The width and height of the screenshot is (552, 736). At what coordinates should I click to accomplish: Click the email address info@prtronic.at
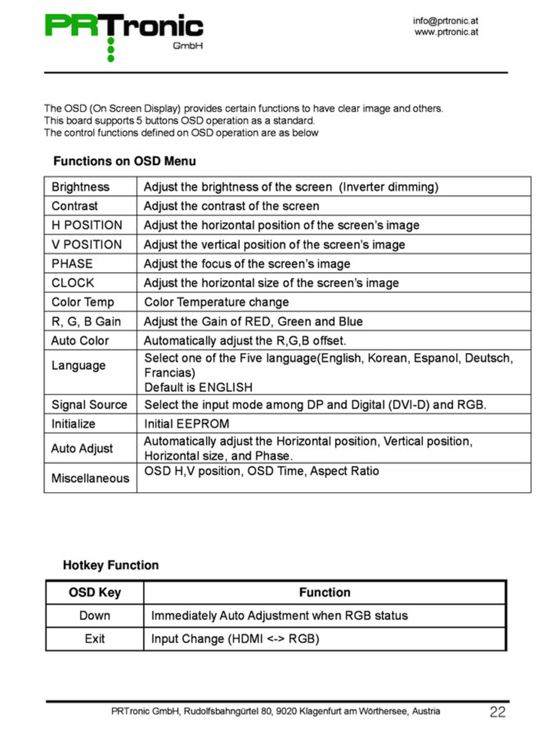point(445,21)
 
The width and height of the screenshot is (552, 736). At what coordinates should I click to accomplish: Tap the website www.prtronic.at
point(446,32)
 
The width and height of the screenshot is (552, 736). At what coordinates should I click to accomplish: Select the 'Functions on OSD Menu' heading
point(124,161)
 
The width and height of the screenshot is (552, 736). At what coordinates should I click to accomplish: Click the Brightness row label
point(81,187)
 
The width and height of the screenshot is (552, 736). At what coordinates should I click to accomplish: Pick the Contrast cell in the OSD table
point(75,206)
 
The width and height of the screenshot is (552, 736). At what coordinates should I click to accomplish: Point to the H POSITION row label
point(87,225)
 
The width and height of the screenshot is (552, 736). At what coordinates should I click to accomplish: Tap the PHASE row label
point(72,264)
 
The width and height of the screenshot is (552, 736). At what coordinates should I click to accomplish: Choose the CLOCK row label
point(73,283)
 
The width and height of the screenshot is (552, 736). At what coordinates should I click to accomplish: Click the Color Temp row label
point(83,302)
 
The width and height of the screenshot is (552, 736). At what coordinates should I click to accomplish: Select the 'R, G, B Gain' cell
point(86,322)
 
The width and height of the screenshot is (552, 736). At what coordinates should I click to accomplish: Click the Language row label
point(78,365)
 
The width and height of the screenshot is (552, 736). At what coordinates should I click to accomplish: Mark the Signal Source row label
point(89,405)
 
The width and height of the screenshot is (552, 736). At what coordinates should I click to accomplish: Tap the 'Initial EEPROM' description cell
point(186,424)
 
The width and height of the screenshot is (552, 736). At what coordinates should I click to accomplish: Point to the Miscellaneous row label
point(90,478)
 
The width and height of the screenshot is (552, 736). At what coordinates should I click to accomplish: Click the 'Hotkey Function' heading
point(111,565)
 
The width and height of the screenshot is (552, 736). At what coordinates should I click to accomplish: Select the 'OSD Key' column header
point(95,593)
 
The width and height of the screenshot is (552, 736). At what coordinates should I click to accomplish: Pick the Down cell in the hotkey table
point(95,616)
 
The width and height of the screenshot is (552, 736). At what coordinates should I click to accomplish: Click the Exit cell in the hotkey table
point(95,639)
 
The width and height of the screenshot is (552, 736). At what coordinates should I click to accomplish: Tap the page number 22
point(497,712)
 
